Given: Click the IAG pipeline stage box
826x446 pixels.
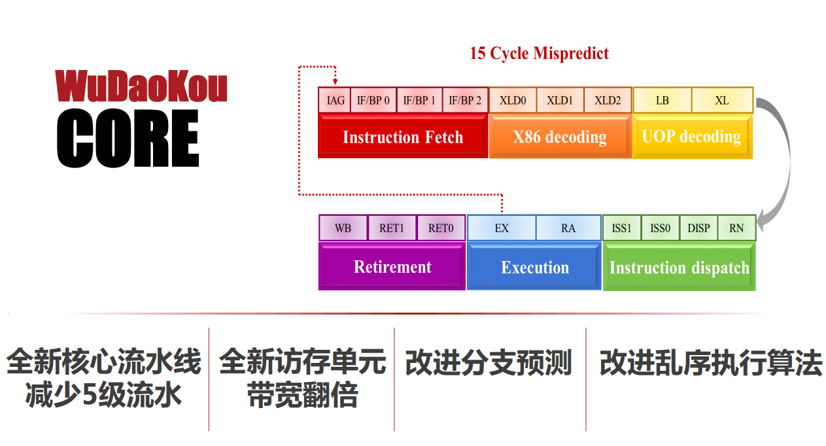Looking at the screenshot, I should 335,101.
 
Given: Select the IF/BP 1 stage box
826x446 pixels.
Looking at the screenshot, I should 419,101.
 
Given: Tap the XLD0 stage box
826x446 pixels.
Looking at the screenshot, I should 513,101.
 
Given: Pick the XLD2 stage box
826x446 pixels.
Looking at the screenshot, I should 608,101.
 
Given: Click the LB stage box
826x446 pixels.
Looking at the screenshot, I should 662,101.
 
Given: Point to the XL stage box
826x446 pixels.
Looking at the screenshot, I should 722,101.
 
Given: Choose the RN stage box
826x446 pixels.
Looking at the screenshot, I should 736,228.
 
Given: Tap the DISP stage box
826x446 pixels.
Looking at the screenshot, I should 698,228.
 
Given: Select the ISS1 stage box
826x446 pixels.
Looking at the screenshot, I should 621,228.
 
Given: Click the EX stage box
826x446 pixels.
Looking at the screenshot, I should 502,228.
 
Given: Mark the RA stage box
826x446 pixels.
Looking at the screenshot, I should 568,228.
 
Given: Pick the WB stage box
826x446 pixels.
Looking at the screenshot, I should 343,228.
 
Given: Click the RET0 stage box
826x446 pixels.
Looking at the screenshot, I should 441,228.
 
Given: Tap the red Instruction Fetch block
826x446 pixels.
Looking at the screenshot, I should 403,137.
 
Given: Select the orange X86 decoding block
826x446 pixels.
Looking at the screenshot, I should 560,137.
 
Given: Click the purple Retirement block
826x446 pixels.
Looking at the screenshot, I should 392,267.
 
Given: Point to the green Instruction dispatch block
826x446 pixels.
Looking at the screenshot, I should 679,267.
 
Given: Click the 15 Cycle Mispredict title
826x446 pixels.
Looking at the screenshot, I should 539,54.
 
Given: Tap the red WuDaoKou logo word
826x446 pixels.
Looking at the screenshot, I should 141,87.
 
